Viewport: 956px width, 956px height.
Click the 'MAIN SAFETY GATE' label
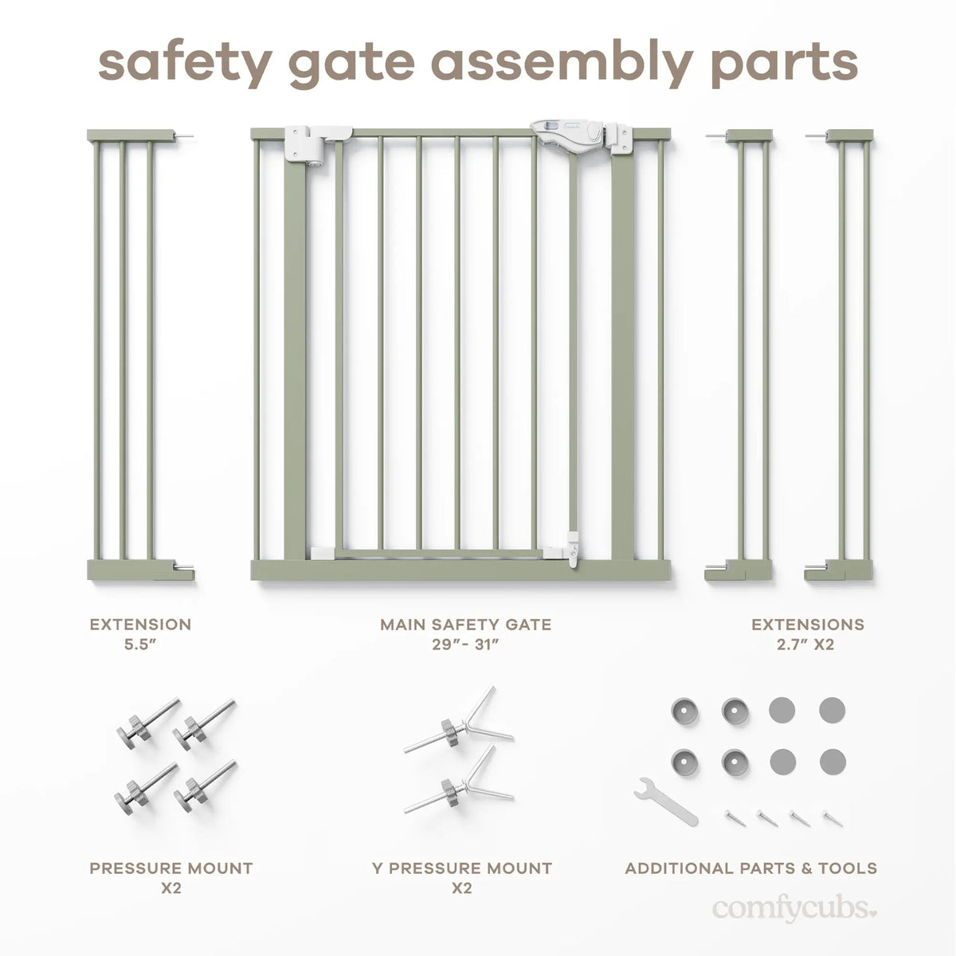tap(465, 625)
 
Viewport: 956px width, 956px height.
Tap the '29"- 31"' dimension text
tap(465, 645)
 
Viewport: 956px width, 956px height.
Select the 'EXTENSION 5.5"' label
tap(140, 634)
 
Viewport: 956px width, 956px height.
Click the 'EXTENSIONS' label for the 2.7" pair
tap(807, 625)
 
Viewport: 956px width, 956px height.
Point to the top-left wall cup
tap(684, 710)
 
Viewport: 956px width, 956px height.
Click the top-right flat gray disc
tap(832, 709)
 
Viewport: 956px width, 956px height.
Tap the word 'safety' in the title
tap(183, 61)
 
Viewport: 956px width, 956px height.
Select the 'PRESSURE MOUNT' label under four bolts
tap(170, 868)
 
